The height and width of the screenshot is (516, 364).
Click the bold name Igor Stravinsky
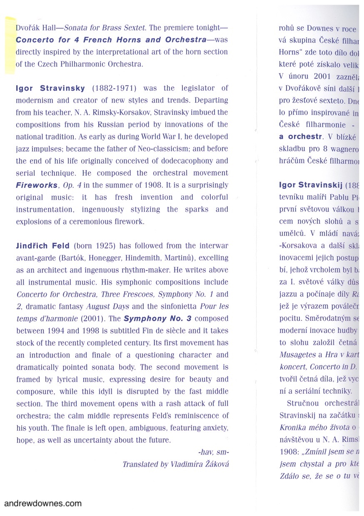point(50,88)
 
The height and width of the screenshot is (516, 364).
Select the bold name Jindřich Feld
point(43,246)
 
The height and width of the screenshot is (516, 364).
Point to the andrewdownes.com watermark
point(43,503)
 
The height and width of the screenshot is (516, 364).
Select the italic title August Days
point(107,307)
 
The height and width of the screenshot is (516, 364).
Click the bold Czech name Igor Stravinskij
point(310,185)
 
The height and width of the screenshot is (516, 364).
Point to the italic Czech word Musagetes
point(297,355)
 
